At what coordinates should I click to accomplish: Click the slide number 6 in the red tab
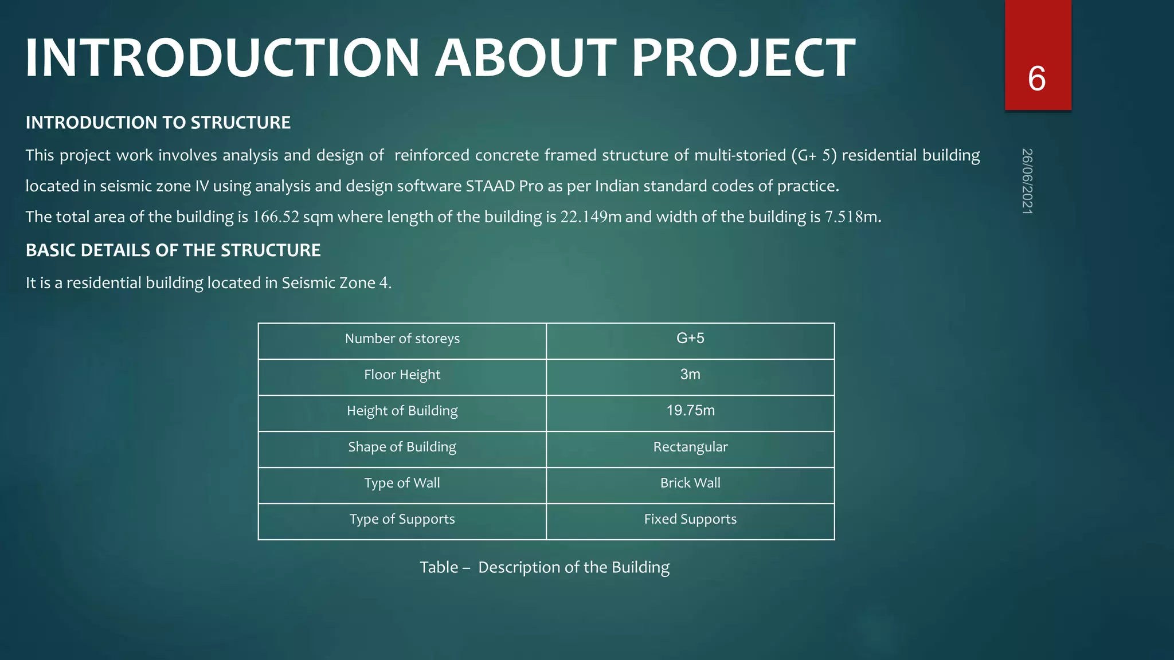tap(1036, 78)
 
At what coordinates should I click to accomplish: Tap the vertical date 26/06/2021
tap(1027, 181)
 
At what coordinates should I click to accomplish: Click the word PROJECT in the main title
tap(743, 58)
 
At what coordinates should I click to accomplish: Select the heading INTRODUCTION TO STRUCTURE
tap(158, 123)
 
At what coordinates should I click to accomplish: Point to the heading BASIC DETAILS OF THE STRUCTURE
tap(173, 250)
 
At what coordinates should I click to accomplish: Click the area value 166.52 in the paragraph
tap(276, 217)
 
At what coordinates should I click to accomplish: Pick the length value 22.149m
tap(590, 217)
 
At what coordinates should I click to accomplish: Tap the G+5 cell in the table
tap(690, 339)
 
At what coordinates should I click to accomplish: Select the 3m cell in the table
tap(690, 375)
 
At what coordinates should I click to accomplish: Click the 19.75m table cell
tap(690, 411)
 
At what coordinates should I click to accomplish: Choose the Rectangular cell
tap(690, 447)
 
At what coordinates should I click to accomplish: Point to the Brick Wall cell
tap(690, 483)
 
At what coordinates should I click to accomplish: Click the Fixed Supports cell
tap(690, 519)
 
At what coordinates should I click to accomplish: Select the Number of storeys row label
tap(402, 339)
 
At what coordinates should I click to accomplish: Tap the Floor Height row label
tap(402, 375)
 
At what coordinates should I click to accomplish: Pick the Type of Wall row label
tap(402, 483)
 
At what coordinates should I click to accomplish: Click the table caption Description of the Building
tap(573, 567)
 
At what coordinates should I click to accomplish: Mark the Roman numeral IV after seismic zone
tap(201, 186)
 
